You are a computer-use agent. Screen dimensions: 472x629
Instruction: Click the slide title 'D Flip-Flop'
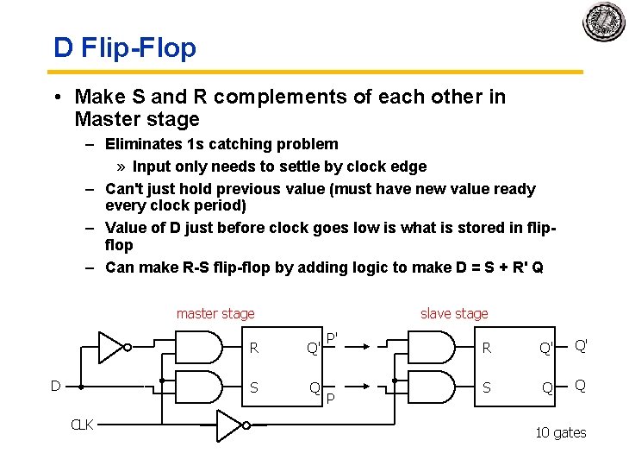(125, 47)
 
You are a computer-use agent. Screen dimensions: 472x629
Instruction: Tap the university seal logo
(604, 21)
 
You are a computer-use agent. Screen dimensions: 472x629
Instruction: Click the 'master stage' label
(215, 314)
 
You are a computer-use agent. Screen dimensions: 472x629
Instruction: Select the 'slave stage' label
(454, 314)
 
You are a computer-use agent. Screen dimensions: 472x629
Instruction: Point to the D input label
(55, 386)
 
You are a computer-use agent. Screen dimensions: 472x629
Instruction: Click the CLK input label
(82, 425)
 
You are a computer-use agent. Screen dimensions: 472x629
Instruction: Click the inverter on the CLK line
(229, 425)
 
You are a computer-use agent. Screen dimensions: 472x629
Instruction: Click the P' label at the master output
(332, 337)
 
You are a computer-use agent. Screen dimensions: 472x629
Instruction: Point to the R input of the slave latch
(487, 349)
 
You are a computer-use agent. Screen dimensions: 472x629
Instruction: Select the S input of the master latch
(253, 387)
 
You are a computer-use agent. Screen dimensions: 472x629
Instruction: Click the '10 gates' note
(560, 432)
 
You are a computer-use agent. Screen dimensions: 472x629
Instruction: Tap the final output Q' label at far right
(582, 345)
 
